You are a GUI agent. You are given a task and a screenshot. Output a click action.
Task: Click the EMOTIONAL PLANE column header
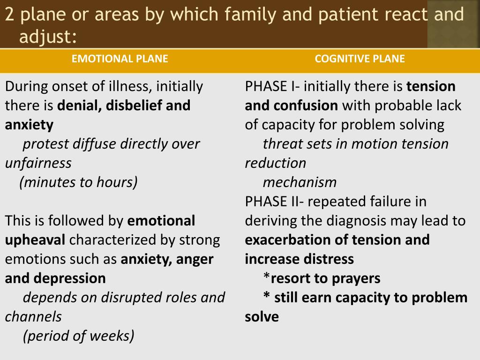(120, 59)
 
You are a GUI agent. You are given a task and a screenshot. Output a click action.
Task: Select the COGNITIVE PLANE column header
(360, 59)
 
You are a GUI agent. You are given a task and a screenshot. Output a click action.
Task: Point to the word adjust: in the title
(48, 36)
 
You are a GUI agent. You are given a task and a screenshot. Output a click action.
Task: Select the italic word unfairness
(38, 163)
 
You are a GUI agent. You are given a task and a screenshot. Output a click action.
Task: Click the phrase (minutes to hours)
(78, 182)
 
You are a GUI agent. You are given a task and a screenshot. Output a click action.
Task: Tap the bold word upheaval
(35, 240)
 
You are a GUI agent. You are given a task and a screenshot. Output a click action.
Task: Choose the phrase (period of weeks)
(78, 336)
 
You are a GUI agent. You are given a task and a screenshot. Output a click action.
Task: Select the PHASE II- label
(275, 202)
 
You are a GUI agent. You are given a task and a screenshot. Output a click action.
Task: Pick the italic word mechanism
(300, 182)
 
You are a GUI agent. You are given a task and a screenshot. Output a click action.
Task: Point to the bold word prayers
(356, 278)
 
